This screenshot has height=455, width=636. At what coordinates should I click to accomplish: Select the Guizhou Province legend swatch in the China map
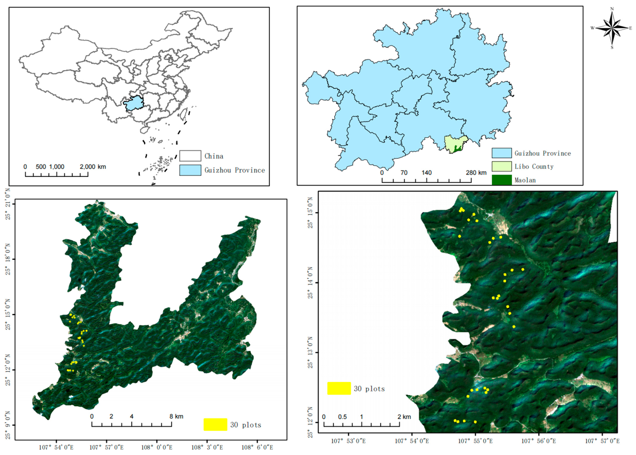[x=190, y=170]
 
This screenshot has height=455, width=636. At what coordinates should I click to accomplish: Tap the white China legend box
[x=190, y=156]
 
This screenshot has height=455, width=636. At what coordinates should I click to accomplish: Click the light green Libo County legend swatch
[x=502, y=166]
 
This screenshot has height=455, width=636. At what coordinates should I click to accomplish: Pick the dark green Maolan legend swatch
[x=502, y=180]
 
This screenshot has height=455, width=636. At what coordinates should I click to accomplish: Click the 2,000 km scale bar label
[x=93, y=167]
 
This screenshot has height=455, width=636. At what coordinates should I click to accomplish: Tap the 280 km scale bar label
[x=476, y=173]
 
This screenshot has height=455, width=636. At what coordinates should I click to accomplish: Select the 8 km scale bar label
[x=176, y=416]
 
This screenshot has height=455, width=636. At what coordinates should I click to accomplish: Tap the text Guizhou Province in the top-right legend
[x=542, y=153]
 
